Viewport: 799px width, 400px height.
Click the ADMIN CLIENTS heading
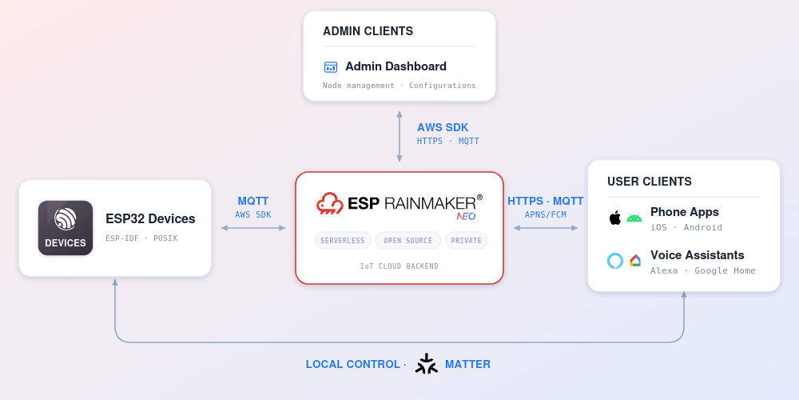tap(368, 31)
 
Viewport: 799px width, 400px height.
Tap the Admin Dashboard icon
tap(331, 67)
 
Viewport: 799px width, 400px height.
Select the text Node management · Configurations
tap(399, 86)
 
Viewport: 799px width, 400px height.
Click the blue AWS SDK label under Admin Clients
tap(443, 127)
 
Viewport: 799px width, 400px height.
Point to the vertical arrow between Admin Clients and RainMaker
tap(399, 136)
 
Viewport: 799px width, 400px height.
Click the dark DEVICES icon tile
tap(66, 227)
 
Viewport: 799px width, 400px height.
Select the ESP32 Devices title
tap(150, 219)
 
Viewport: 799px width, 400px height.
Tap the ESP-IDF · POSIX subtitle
tap(141, 238)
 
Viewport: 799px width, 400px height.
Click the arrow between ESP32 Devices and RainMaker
tap(253, 228)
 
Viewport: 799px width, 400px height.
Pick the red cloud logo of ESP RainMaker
tap(330, 203)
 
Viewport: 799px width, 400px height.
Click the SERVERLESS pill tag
tap(343, 240)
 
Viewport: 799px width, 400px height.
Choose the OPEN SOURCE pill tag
tap(407, 240)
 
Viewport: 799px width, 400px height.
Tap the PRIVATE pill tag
tap(467, 240)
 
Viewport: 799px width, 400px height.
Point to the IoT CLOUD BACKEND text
tap(399, 266)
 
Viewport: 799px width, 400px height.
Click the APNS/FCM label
tap(545, 214)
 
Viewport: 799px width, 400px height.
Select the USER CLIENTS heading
tap(649, 182)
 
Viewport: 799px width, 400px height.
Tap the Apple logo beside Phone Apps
tap(615, 218)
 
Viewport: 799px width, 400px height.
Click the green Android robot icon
tap(634, 218)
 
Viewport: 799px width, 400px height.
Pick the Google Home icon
tap(635, 261)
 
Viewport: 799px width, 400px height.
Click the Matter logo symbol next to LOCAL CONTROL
tap(427, 364)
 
